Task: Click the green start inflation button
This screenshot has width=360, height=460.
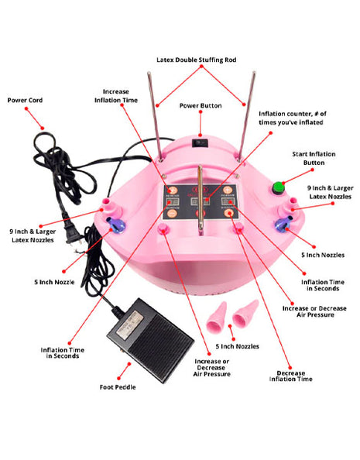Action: click(279, 187)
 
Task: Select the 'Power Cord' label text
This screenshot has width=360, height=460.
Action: click(26, 100)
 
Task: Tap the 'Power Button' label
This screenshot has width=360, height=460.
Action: click(201, 105)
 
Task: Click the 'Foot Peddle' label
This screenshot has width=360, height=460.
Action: click(118, 387)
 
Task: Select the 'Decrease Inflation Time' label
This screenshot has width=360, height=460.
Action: click(290, 376)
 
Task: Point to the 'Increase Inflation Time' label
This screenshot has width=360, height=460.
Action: click(116, 95)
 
